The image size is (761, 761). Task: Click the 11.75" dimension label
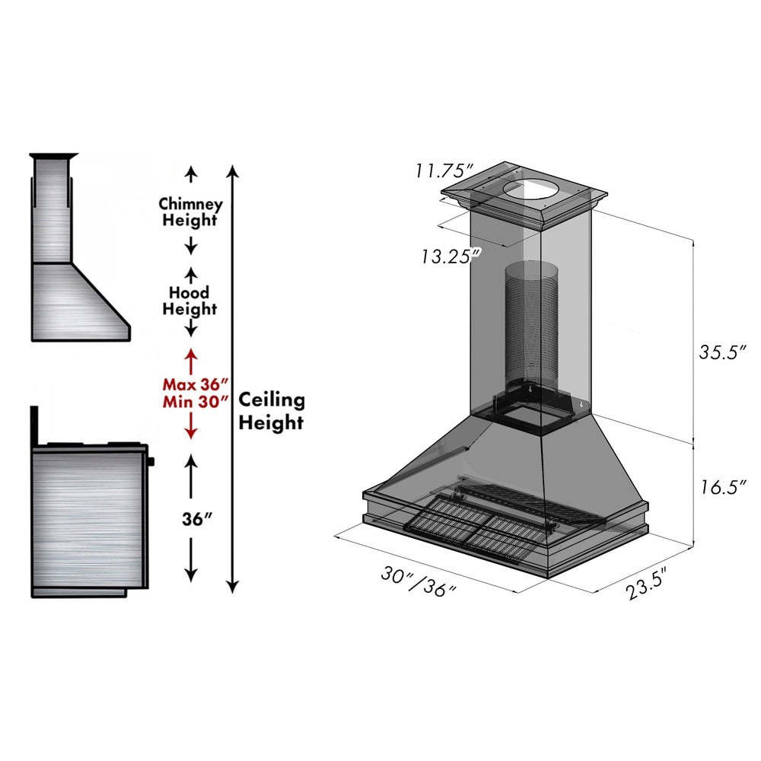(x=444, y=170)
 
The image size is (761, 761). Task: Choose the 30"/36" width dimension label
(x=419, y=582)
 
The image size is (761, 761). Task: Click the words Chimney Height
(x=190, y=212)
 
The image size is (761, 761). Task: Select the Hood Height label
(x=190, y=301)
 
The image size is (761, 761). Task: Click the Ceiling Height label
(x=272, y=411)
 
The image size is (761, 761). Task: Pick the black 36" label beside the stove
(x=191, y=519)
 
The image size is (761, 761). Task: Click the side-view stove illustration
(x=88, y=517)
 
